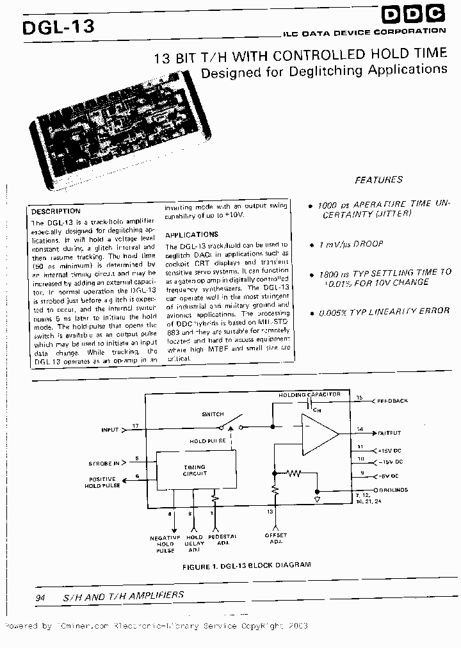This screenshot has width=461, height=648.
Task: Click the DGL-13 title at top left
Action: [x=58, y=27]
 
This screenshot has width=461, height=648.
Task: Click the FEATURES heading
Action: [x=378, y=180]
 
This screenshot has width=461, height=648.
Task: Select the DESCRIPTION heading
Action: [x=56, y=211]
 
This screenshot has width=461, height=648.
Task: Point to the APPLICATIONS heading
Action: [x=191, y=234]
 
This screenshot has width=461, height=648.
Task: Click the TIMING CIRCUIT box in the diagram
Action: [x=195, y=471]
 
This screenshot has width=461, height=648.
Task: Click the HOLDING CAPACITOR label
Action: [x=309, y=395]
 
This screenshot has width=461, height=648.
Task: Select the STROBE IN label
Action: [x=104, y=462]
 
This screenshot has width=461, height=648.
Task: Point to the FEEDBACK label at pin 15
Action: [x=392, y=401]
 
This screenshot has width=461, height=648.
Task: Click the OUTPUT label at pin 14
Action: [x=389, y=433]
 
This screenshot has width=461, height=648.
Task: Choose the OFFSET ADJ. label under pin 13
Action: [x=276, y=539]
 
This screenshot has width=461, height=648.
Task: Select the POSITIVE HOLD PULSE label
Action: [x=102, y=482]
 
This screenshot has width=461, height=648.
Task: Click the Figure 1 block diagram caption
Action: [x=247, y=565]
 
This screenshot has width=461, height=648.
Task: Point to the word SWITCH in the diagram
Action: [x=213, y=414]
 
